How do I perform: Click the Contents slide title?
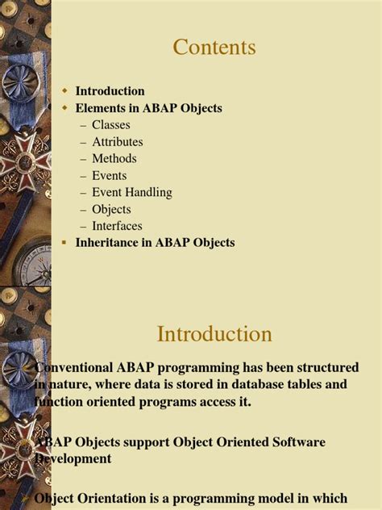click(x=214, y=48)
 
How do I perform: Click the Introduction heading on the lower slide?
click(x=214, y=333)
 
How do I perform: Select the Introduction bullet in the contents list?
click(x=110, y=91)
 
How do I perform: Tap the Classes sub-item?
click(x=110, y=125)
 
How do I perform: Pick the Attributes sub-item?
click(x=117, y=142)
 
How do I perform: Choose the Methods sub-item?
click(x=114, y=159)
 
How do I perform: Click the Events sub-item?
click(x=109, y=176)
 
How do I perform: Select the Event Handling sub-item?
click(x=131, y=193)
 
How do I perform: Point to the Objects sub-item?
click(x=111, y=210)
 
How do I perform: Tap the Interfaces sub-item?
click(x=117, y=227)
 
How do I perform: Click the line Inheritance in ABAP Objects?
click(x=155, y=243)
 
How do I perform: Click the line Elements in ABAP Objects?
click(x=148, y=108)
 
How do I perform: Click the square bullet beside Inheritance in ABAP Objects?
click(x=64, y=242)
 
